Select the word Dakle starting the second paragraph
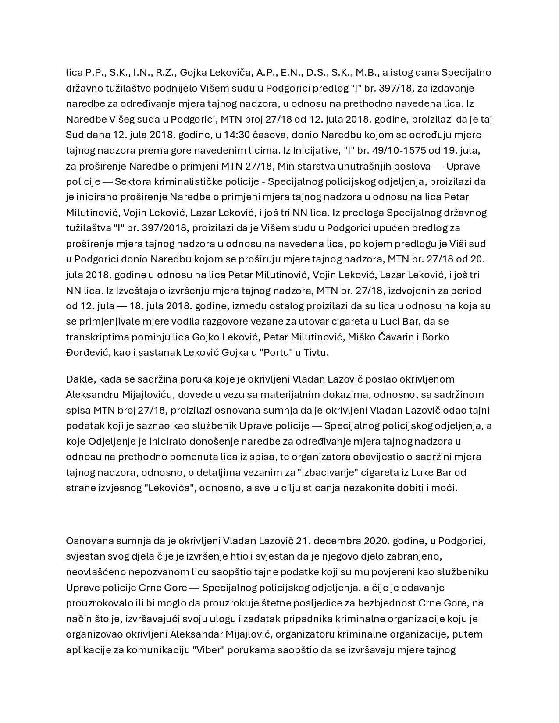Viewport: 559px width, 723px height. coord(78,379)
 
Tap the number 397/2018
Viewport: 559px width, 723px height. coord(165,228)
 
